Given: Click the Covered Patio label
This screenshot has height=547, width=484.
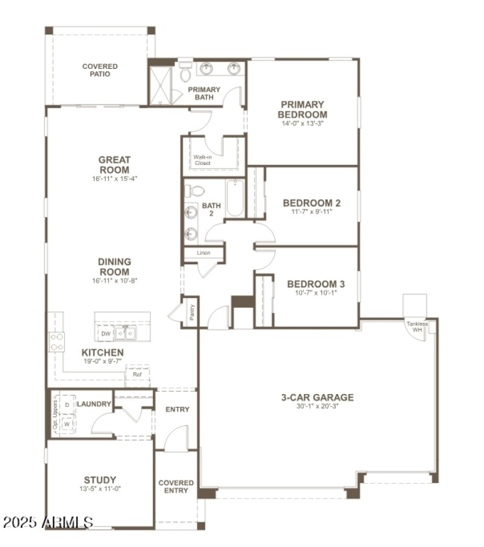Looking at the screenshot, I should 100,71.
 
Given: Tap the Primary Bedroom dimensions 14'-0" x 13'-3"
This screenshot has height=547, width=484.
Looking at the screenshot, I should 302,123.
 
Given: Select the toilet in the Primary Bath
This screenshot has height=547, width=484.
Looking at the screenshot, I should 186,74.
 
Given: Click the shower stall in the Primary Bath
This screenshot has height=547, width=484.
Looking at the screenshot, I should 161,85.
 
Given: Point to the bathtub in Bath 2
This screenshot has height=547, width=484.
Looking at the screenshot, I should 235,198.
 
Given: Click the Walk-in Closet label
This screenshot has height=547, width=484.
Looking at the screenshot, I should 203,160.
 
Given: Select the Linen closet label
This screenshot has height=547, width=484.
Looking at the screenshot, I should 203,253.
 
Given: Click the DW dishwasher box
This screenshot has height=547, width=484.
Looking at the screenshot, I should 106,334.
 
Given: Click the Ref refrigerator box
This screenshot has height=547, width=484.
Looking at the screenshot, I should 137,375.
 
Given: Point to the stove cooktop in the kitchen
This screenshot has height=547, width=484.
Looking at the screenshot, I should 56,341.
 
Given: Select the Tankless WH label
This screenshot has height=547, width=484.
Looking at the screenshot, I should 417,326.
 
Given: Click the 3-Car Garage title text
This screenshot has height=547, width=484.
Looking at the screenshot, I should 317,397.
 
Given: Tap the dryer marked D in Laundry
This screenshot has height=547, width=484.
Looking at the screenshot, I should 67,404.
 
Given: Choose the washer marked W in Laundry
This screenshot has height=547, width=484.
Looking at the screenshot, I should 67,424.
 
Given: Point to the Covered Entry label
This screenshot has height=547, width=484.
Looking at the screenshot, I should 176,487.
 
